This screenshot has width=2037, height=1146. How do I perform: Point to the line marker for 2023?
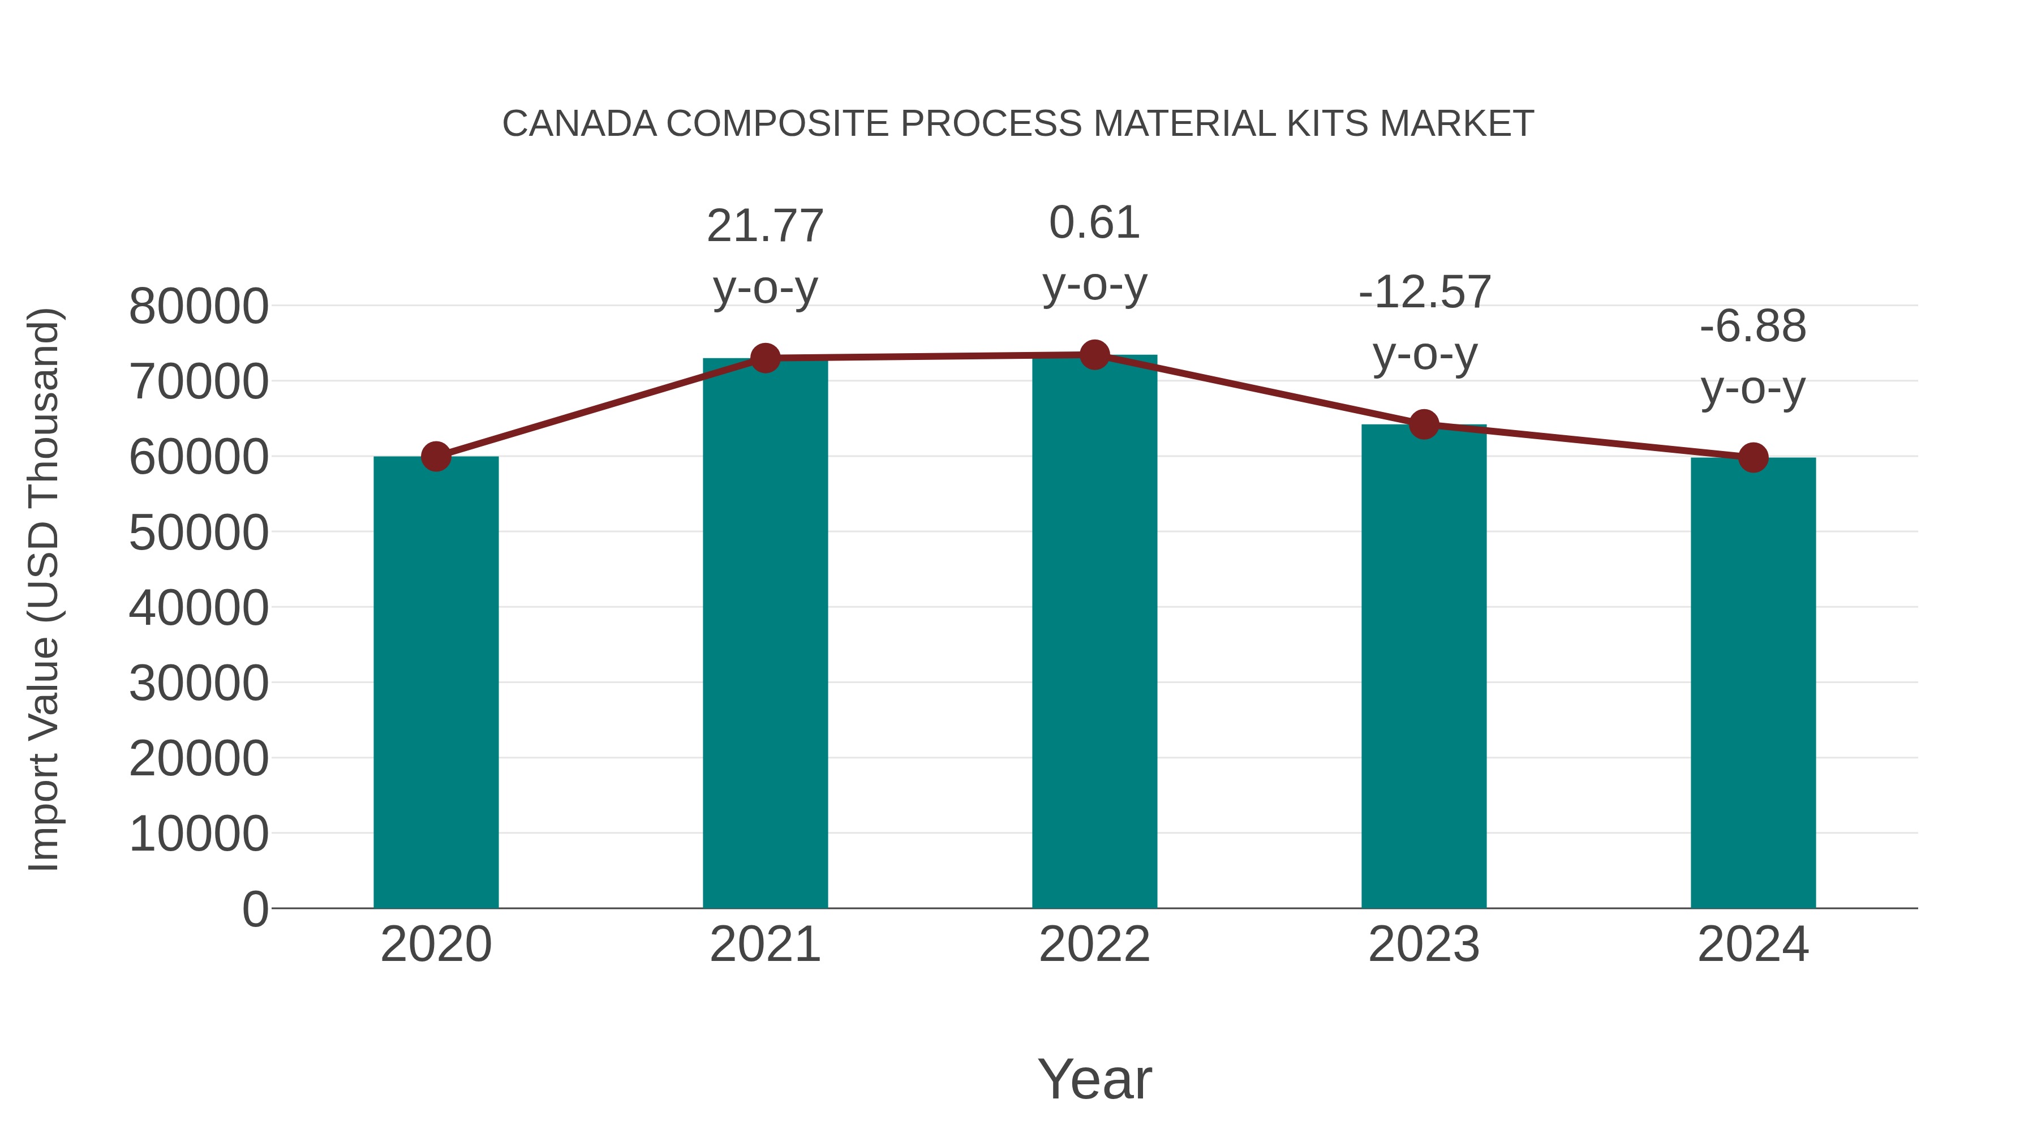tap(1424, 424)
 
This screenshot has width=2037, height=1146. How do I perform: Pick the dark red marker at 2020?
tap(436, 456)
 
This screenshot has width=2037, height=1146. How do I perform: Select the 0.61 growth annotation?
tap(1094, 223)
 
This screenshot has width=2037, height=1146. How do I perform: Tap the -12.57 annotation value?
tap(1424, 293)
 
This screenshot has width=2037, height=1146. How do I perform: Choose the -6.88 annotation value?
tap(1753, 327)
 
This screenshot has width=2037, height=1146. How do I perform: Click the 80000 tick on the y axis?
tap(199, 307)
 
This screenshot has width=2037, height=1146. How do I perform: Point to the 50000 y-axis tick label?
tap(199, 533)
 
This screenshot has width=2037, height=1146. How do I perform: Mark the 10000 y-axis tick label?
tap(199, 834)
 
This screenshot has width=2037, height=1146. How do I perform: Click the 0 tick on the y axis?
tap(255, 909)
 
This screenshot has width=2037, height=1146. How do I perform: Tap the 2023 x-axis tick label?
tap(1424, 945)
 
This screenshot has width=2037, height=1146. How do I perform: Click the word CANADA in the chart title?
tap(579, 124)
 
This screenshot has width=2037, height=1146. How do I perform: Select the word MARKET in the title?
tap(1456, 124)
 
